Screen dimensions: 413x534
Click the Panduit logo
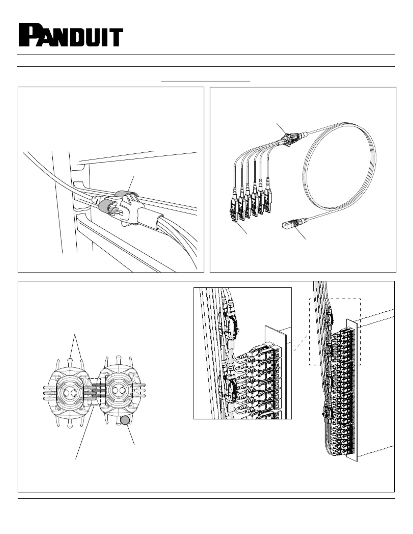click(71, 35)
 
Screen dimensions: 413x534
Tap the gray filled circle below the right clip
click(125, 421)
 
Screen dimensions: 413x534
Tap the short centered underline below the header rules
click(206, 81)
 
